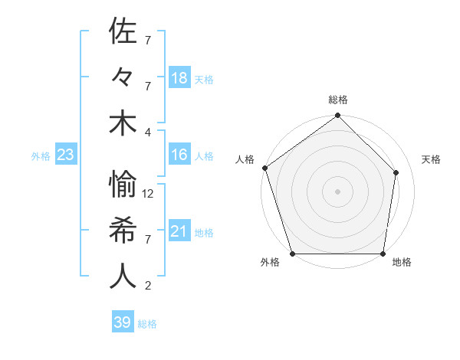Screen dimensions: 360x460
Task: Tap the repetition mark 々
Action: pos(123,77)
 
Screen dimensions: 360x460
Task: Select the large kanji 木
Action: pos(123,123)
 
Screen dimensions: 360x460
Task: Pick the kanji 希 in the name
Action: pos(123,231)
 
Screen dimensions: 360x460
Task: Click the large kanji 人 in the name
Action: pos(123,277)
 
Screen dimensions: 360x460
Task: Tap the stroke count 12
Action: pos(149,193)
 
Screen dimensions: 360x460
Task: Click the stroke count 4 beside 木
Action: pos(147,132)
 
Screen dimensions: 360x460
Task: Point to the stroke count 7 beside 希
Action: pos(147,240)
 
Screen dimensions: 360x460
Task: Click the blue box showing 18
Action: pos(179,78)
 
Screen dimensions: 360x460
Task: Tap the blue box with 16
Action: pos(179,155)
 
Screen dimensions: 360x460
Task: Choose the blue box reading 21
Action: pos(179,231)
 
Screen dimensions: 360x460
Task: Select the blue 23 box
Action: pos(65,155)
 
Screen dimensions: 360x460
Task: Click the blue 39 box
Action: pos(122,322)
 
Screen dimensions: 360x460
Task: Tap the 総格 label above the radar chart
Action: pos(337,100)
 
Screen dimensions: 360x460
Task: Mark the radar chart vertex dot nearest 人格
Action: pos(264,168)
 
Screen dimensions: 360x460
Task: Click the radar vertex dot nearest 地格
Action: pos(383,254)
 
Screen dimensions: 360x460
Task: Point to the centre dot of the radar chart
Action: pos(337,191)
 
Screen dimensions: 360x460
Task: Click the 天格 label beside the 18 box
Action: pos(204,79)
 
